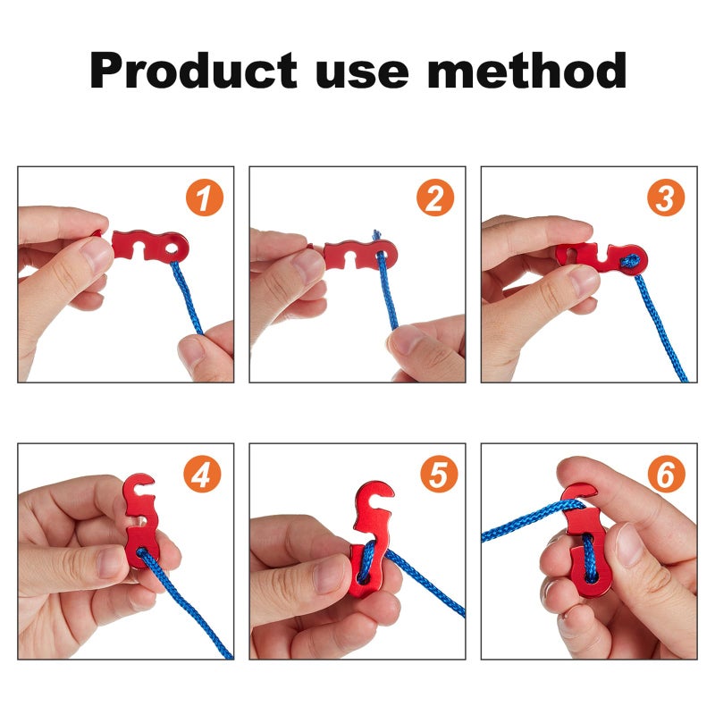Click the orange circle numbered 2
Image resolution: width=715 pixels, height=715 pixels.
pos(435,198)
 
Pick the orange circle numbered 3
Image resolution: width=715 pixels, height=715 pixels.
pos(667,198)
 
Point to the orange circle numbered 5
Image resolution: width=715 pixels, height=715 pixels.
pos(435,475)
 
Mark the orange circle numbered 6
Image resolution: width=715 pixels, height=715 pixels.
pos(667,475)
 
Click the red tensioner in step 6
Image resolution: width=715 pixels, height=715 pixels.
pos(585,545)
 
